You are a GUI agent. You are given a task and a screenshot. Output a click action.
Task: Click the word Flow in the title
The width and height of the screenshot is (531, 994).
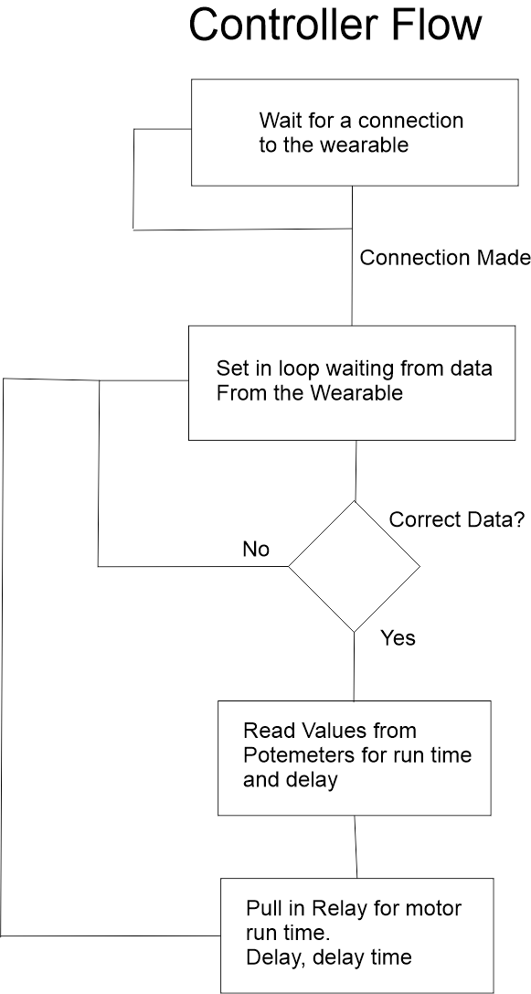(x=437, y=27)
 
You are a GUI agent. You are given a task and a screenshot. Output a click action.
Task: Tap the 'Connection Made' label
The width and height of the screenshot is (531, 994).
(x=444, y=258)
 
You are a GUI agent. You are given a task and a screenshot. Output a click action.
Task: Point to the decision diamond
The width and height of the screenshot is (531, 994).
(x=354, y=566)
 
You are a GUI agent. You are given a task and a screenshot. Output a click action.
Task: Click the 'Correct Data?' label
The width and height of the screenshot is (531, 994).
(x=456, y=520)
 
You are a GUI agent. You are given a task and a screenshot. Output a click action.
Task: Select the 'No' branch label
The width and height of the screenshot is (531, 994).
(x=256, y=550)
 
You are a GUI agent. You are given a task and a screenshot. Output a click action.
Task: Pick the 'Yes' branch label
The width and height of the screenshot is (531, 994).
(x=398, y=637)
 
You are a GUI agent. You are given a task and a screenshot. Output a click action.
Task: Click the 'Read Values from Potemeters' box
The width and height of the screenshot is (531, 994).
(x=354, y=757)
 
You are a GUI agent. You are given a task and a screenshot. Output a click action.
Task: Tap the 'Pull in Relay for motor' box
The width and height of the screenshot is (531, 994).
(x=356, y=935)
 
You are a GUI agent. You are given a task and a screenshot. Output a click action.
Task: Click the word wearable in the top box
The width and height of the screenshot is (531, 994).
(x=363, y=145)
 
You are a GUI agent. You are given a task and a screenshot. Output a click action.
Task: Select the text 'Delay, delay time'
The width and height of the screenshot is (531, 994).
(x=328, y=957)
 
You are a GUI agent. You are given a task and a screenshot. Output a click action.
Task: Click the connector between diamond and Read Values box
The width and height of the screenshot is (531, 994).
(x=354, y=666)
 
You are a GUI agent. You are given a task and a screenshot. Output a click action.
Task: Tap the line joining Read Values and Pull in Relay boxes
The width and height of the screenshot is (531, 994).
(x=356, y=846)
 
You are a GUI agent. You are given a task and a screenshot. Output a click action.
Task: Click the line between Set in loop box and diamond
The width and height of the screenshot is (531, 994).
(x=355, y=470)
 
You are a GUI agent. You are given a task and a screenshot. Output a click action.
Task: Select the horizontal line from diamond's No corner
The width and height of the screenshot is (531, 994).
(x=192, y=567)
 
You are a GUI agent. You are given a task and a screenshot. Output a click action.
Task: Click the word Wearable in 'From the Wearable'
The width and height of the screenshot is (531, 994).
(x=357, y=393)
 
